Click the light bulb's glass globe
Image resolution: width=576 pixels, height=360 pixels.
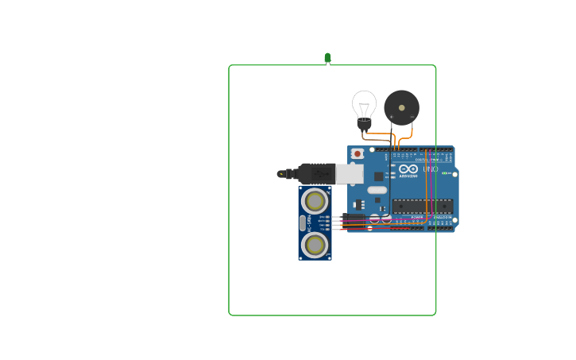(364, 103)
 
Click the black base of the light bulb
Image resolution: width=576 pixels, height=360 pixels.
(364, 123)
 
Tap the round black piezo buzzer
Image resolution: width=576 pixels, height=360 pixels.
(401, 107)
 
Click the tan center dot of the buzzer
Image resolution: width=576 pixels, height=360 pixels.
(402, 107)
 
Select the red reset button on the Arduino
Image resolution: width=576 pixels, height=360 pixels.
(358, 153)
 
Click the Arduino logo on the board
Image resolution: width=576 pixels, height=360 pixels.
(408, 168)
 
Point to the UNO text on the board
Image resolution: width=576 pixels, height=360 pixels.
(430, 168)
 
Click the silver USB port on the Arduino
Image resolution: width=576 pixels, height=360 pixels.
(350, 173)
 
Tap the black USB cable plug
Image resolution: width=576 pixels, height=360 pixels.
(316, 172)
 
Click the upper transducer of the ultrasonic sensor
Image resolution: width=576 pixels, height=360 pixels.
(315, 199)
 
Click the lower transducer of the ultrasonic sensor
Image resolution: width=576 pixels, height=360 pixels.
(315, 244)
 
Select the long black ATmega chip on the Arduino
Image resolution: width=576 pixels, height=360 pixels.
(422, 206)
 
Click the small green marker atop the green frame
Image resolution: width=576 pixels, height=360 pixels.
(327, 58)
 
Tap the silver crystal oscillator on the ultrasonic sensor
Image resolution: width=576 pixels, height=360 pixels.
(303, 223)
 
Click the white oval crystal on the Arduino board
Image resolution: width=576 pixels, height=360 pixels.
(377, 189)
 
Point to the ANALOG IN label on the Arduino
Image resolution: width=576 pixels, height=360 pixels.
(442, 217)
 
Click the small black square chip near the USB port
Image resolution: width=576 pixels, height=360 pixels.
(379, 176)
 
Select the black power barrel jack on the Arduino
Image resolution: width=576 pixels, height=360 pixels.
(354, 219)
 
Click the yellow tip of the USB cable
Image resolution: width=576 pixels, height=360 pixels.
(280, 173)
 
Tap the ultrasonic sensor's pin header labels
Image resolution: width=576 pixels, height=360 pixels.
(323, 222)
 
